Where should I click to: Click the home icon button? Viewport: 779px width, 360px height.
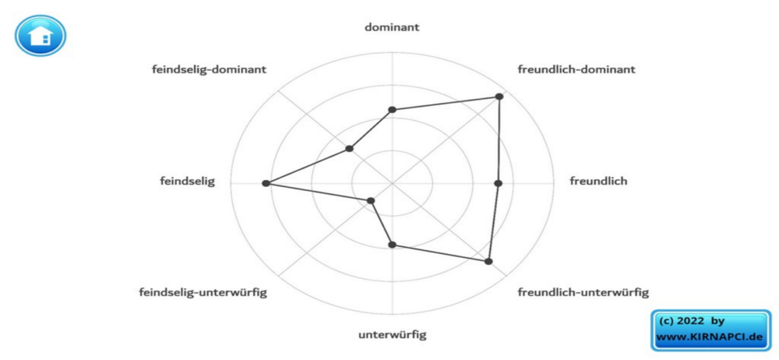[x=41, y=35]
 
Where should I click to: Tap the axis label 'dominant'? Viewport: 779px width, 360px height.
[x=392, y=27]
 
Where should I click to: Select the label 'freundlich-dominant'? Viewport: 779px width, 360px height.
[x=576, y=69]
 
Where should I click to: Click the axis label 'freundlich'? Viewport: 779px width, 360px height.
[x=598, y=181]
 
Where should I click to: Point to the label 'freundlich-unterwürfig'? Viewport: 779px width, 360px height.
[x=583, y=292]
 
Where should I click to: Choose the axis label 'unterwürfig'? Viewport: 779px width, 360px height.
[x=392, y=334]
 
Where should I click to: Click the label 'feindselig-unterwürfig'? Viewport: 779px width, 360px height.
[x=203, y=292]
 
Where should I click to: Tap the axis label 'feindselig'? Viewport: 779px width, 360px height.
[x=187, y=181]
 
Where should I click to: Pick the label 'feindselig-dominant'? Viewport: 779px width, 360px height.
[x=209, y=69]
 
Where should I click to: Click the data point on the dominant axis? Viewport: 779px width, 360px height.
[x=392, y=109]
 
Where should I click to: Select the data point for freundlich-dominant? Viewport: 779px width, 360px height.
[x=499, y=97]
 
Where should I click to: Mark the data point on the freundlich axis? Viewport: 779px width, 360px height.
[x=499, y=183]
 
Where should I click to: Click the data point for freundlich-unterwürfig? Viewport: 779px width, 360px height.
[x=488, y=261]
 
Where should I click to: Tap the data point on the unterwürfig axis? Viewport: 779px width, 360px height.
[x=392, y=244]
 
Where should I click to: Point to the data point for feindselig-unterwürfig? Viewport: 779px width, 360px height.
[x=370, y=201]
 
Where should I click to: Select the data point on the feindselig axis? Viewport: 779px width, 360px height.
[x=266, y=183]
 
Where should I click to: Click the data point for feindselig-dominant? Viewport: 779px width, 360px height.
[x=349, y=148]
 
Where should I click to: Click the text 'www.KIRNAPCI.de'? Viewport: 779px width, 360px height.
[x=709, y=337]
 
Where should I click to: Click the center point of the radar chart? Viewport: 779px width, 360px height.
[x=392, y=183]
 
